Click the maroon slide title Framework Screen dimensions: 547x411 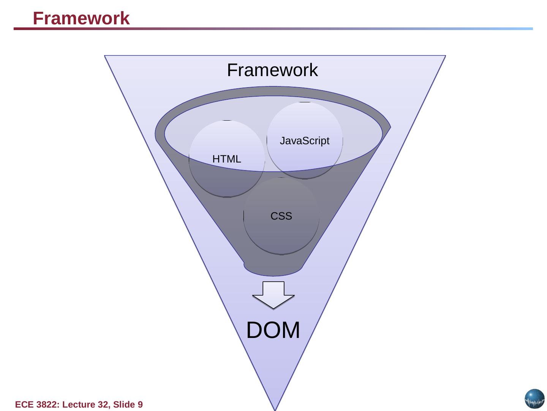click(x=81, y=18)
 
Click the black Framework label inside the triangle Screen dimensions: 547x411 click(x=272, y=70)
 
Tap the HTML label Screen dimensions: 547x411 click(x=227, y=159)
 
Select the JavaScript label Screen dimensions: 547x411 click(x=305, y=141)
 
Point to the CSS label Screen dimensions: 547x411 click(x=281, y=216)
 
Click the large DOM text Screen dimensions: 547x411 click(x=273, y=330)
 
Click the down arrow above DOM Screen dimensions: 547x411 click(x=273, y=295)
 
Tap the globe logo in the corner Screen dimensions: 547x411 click(x=534, y=399)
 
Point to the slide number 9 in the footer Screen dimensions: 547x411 click(x=140, y=405)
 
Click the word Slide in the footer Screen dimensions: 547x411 click(x=124, y=405)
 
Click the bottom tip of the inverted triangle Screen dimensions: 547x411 click(x=275, y=410)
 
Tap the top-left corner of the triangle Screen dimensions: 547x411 click(x=104, y=56)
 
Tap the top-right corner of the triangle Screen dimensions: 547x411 click(x=446, y=56)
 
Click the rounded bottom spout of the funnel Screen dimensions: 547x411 click(x=273, y=269)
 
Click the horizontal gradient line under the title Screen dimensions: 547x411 click(x=273, y=29)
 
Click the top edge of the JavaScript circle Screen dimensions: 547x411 click(x=305, y=102)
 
